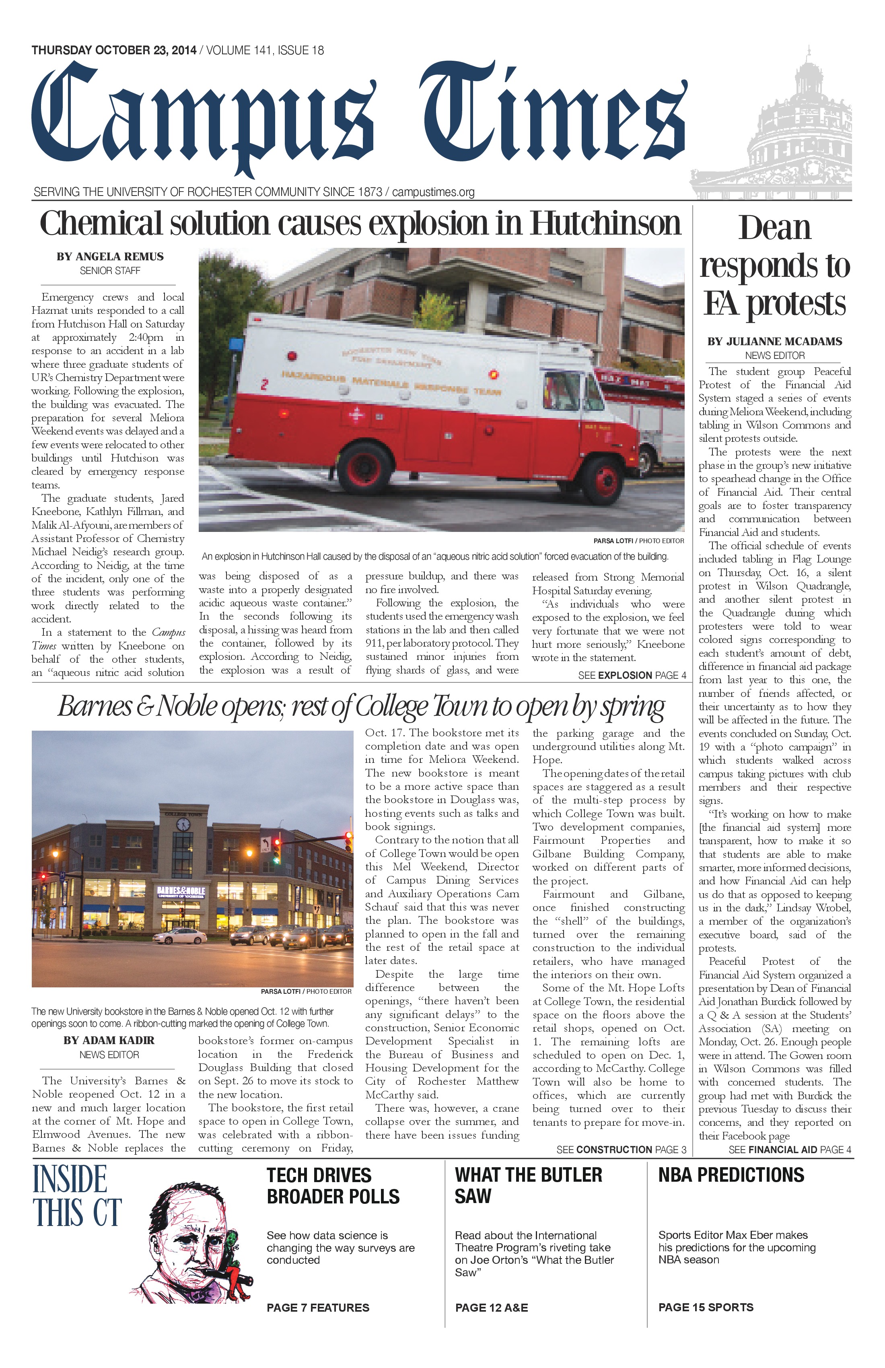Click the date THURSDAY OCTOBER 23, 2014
coord(114,51)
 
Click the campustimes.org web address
coord(433,192)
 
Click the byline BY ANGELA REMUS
coord(110,257)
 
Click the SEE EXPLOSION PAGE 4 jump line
coord(632,676)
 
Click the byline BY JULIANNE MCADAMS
coord(774,342)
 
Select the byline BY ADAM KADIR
coord(109,1040)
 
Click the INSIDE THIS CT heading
coord(77,1195)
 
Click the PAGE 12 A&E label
coord(491,1308)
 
